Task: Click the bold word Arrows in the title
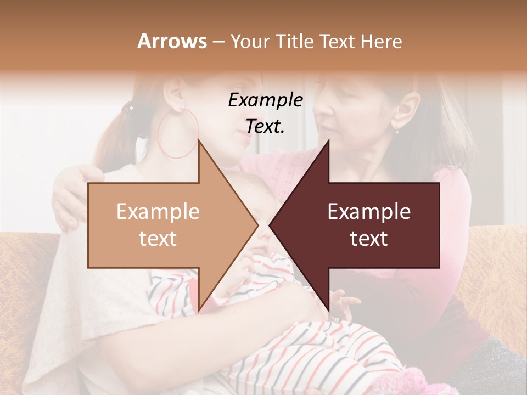(x=172, y=41)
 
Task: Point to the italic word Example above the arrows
(x=266, y=100)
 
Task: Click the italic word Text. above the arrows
(x=265, y=127)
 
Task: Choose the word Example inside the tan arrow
(x=158, y=211)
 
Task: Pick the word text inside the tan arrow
(x=158, y=239)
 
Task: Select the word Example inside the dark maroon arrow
(x=369, y=211)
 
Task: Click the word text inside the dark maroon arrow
(x=369, y=239)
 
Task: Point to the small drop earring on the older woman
(x=397, y=130)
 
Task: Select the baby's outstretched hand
(x=343, y=302)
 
